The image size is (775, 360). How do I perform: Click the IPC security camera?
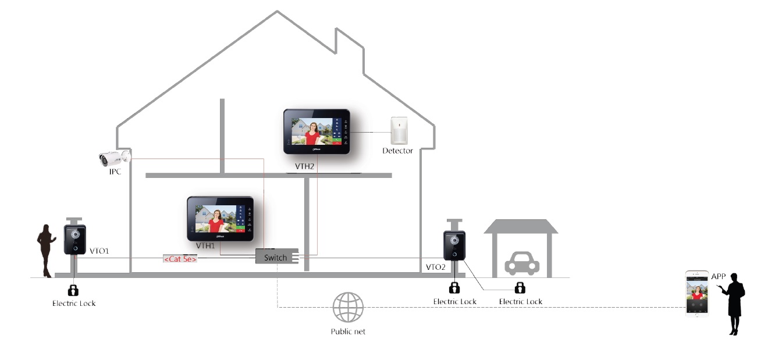coord(113,158)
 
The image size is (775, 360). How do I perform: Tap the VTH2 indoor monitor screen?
coord(316,131)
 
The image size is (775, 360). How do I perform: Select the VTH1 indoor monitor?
coord(220,218)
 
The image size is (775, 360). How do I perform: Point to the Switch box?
coord(275,257)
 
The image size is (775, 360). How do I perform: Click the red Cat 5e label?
coord(180,259)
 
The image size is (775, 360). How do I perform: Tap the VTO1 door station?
coord(75,239)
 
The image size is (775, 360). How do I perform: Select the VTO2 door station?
coord(454,245)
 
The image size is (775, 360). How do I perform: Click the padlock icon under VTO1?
coord(74,290)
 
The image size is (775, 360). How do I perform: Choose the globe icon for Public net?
coord(348,307)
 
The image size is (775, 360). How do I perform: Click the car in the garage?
coord(521,263)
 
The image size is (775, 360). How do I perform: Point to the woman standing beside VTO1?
coord(45,251)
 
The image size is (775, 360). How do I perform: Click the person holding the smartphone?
coord(735,303)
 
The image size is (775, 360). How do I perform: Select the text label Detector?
coord(397,151)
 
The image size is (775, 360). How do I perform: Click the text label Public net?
coord(348,332)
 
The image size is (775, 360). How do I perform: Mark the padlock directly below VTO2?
coord(454,287)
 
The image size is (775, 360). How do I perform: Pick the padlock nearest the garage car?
coord(520,287)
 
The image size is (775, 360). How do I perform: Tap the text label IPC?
coord(115,172)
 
